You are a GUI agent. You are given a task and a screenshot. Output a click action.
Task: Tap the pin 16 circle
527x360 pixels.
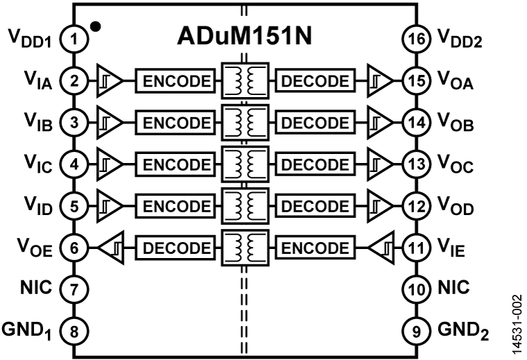[416, 40]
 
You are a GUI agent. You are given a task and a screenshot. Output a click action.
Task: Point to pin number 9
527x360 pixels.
[416, 331]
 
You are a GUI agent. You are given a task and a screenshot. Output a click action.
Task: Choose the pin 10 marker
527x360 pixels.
[416, 289]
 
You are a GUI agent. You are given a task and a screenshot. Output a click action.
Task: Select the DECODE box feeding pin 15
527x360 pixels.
[316, 81]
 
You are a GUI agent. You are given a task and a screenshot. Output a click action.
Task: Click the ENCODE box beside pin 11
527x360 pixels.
[316, 248]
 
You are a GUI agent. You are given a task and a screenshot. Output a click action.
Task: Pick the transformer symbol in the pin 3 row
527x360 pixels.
[245, 123]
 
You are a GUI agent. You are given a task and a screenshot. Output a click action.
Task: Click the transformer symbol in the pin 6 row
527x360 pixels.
[245, 248]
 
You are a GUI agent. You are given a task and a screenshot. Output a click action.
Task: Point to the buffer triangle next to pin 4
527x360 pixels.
[110, 164]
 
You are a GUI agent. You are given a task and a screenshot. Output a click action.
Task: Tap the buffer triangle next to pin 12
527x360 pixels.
[379, 206]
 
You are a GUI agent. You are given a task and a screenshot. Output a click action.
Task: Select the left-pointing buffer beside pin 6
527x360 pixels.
[112, 248]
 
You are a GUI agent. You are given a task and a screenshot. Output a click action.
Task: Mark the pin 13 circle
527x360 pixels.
[416, 164]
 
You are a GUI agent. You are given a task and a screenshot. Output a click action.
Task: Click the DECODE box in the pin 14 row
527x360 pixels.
[316, 123]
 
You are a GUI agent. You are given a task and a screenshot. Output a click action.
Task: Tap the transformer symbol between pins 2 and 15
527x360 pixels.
[245, 81]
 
